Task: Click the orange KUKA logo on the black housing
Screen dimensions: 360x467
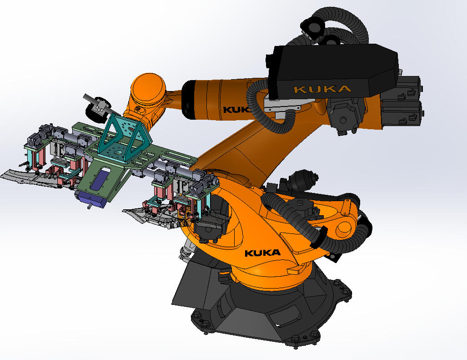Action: click(322, 88)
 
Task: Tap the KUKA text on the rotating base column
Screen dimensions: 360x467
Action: click(262, 253)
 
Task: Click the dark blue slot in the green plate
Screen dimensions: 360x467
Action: click(100, 180)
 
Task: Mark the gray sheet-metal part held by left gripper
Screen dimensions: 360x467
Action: click(27, 176)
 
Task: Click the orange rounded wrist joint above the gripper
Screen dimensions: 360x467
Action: click(148, 89)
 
